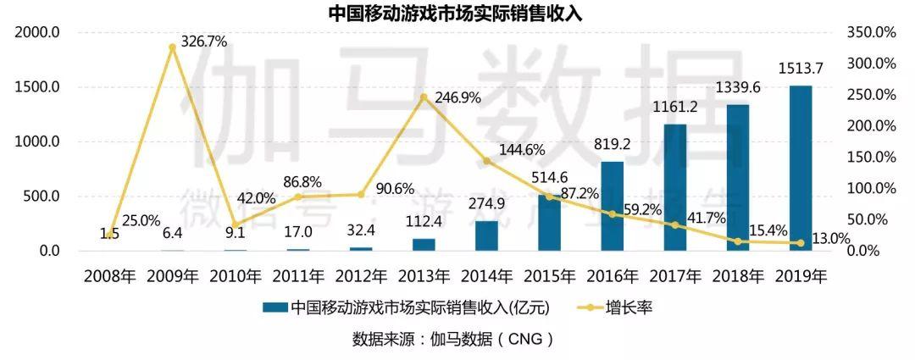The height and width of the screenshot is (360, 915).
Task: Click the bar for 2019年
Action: click(801, 169)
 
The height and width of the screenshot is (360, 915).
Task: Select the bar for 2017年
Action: click(675, 187)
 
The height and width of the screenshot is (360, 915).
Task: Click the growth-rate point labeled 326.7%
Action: click(172, 47)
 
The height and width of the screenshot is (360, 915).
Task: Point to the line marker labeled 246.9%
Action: click(424, 97)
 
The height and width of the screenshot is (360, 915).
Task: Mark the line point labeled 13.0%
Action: click(801, 243)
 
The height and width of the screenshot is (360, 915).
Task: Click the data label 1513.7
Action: click(801, 69)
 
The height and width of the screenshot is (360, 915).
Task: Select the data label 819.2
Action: click(612, 144)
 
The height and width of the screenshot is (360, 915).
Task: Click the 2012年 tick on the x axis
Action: click(361, 275)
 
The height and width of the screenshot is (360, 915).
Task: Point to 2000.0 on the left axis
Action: click(36, 32)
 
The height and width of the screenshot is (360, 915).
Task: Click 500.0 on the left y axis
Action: click(39, 197)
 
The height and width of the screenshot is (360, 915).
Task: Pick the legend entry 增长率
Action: click(628, 307)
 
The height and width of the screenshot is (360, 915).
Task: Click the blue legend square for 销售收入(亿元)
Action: click(274, 307)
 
